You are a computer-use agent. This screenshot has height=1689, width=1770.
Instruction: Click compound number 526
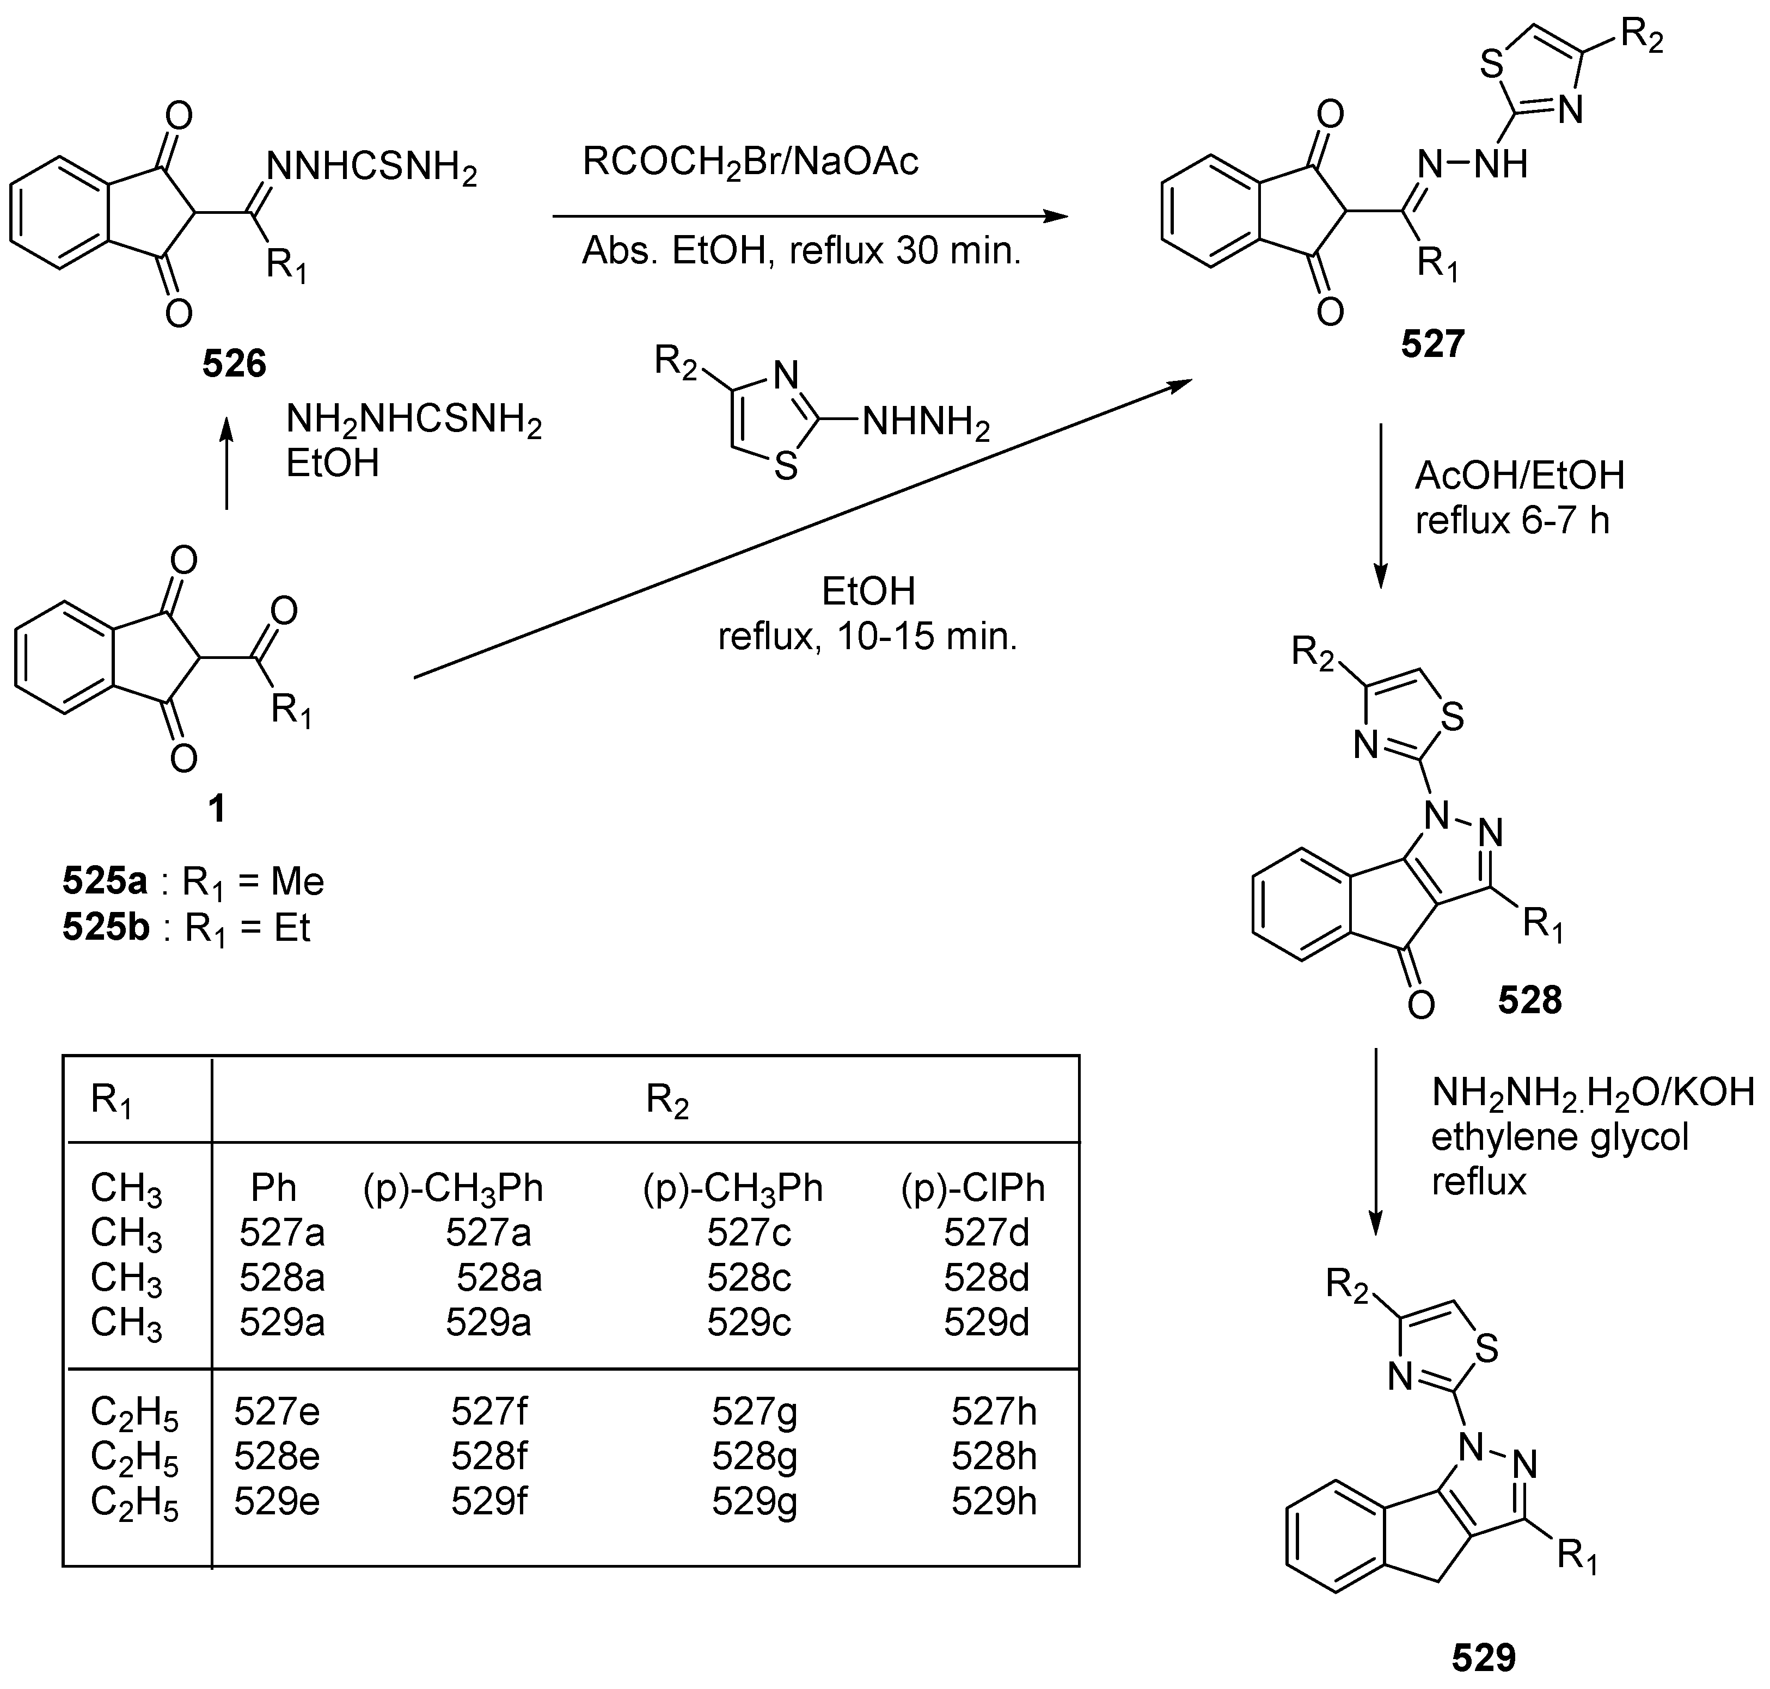coord(234,363)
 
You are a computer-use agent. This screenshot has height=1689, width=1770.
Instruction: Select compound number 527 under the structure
coord(1432,344)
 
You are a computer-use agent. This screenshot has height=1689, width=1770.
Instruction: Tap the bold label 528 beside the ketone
coord(1529,1000)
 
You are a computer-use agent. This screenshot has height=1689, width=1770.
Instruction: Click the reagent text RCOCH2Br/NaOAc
coord(750,163)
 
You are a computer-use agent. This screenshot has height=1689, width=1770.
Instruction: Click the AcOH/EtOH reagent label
coord(1520,476)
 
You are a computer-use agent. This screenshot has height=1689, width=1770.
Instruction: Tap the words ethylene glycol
coord(1559,1138)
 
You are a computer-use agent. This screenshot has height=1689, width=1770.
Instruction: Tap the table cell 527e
coord(277,1411)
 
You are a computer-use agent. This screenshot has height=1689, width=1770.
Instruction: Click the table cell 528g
coord(754,1457)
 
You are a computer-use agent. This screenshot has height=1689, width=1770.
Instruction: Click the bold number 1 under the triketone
coord(216,809)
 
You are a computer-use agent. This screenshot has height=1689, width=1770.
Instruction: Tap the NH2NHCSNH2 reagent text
coord(413,421)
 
